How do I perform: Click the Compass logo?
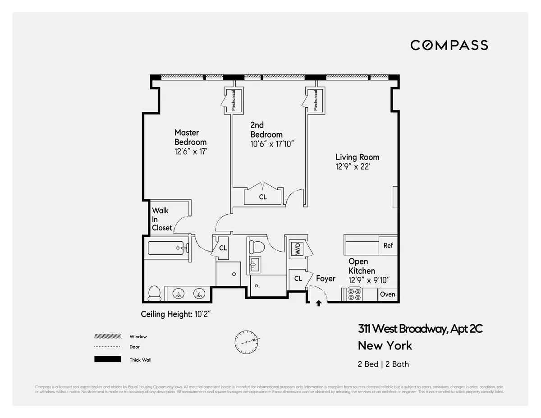(449, 45)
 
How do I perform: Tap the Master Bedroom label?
(190, 137)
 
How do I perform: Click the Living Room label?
(357, 157)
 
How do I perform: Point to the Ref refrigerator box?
(388, 245)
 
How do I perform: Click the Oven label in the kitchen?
(387, 294)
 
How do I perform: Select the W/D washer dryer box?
(298, 248)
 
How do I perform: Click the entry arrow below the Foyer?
(319, 303)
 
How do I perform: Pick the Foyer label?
(326, 279)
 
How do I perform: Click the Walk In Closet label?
(161, 219)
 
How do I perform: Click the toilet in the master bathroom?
(155, 293)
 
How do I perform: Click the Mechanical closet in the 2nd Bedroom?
(234, 100)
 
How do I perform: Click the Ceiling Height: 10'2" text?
(176, 314)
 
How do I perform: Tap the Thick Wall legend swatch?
(107, 359)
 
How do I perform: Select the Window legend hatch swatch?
(107, 336)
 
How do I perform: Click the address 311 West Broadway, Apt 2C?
(420, 329)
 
